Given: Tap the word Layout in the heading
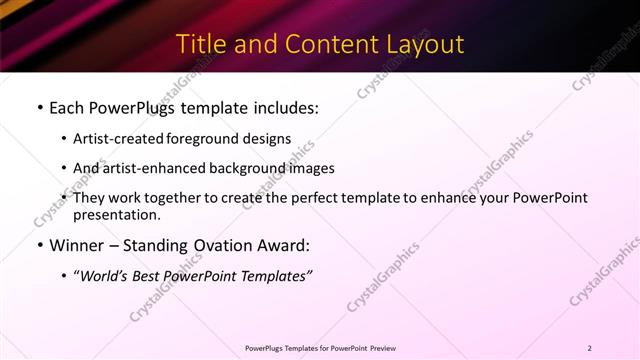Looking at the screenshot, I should (425, 44).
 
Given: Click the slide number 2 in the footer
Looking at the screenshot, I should (589, 347).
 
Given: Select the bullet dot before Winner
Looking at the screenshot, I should (39, 246).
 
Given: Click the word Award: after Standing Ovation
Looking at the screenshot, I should (283, 246).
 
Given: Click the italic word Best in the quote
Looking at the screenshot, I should (153, 276).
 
